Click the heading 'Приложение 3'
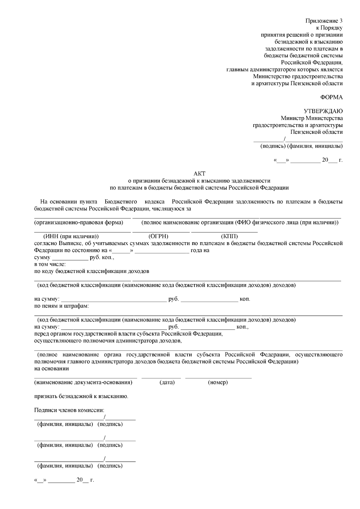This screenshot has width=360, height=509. coord(324,21)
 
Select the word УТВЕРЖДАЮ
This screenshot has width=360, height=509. coord(323,111)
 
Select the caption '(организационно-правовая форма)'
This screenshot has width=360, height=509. coord(79,223)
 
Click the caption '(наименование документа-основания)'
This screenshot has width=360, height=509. coord(83,382)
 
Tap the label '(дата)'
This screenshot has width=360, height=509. coord(167,382)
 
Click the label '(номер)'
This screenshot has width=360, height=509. coord(217,382)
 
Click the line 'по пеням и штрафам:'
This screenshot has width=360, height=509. coord(61,306)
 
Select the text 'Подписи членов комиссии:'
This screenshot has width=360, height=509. coord(69,410)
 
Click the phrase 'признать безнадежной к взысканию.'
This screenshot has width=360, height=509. coord(81,396)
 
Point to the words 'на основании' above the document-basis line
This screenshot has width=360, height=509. coord(52,368)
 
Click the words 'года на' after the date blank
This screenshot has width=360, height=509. coord(200,250)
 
